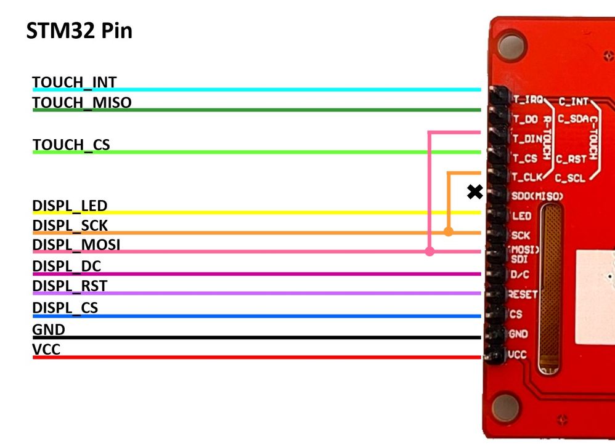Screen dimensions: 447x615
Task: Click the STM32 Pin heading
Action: [x=79, y=31]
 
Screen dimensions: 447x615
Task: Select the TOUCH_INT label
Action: [x=75, y=82]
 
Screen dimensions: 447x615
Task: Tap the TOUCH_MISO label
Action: [x=82, y=102]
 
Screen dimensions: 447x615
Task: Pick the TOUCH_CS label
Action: [x=71, y=145]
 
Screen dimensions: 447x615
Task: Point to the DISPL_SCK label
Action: [x=70, y=225]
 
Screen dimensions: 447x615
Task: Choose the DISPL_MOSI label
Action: [x=76, y=245]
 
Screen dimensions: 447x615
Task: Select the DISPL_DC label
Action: [x=67, y=266]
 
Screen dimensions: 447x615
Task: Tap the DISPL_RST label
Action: [x=70, y=286]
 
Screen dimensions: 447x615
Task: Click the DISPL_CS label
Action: [x=65, y=307]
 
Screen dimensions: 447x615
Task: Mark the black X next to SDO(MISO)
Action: [x=474, y=192]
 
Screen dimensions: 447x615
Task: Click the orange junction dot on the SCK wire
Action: [x=449, y=232]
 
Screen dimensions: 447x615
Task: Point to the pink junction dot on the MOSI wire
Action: [x=430, y=251]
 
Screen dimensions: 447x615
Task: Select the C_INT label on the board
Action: [x=573, y=100]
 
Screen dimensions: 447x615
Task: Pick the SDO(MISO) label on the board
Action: [x=537, y=196]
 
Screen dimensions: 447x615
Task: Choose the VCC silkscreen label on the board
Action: [x=518, y=355]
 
